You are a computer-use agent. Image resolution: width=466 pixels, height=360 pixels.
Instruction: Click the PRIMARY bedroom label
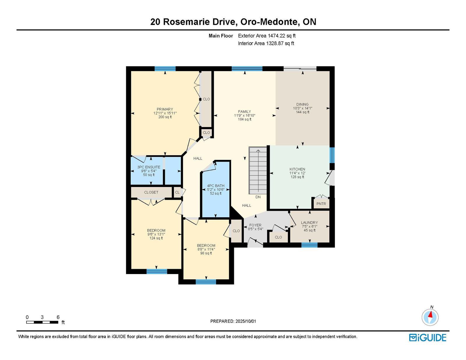coord(165,109)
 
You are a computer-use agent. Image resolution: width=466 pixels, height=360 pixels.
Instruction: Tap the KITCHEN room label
coord(297,169)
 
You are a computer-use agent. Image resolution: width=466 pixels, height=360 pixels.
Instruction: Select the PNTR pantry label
coord(321,204)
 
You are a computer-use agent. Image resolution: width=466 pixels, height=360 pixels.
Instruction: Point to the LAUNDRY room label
coord(309,223)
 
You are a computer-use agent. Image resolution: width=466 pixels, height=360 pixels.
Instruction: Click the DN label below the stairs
coord(258,197)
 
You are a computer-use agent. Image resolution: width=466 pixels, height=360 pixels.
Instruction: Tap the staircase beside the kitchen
coord(258,170)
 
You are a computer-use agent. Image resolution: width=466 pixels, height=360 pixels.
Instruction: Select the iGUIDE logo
coord(428,338)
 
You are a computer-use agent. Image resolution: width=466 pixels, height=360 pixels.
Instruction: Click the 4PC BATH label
coord(216,186)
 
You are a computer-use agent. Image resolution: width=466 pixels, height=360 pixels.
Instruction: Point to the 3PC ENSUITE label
coord(149,167)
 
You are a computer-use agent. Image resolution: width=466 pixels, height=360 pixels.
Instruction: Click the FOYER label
coord(255,225)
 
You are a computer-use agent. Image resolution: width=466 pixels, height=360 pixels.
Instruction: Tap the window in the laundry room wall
coord(309,245)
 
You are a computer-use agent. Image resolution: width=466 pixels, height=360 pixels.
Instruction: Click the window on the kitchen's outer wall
coord(332,155)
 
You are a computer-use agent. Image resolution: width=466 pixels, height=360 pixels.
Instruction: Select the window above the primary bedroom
coord(165,69)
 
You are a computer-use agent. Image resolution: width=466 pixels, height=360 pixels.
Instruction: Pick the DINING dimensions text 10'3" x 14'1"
coord(302,108)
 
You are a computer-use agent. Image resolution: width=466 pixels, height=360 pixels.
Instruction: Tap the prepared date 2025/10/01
coord(246,321)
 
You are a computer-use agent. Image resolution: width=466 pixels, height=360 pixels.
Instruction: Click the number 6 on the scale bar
coord(58,317)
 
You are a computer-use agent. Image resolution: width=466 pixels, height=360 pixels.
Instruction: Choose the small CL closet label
coord(177,192)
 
